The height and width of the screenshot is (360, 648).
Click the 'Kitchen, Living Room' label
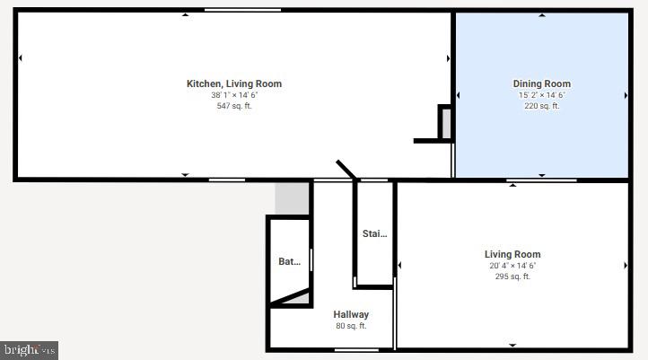pos(233,83)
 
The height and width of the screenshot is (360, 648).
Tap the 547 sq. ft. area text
pos(233,106)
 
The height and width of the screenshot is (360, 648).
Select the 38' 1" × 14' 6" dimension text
pos(233,95)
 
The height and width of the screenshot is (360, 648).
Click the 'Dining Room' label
pos(541,83)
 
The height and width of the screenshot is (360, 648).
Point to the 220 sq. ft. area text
pos(541,106)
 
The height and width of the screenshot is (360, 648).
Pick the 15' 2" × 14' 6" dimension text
pos(541,95)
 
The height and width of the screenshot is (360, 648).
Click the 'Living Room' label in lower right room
pos(512,254)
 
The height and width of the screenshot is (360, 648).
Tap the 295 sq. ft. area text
pos(512,277)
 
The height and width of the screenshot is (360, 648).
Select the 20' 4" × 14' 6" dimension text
pos(512,266)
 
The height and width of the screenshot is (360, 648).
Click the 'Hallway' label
pos(351,314)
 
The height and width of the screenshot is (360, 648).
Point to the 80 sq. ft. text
pos(351,326)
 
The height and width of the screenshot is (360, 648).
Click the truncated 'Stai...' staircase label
pos(374,233)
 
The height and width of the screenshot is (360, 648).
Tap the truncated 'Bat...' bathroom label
pos(289,262)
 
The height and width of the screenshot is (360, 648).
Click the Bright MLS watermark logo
pos(29,349)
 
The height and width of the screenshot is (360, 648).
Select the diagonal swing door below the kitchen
pos(346,170)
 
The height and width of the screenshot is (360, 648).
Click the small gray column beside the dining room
pos(444,123)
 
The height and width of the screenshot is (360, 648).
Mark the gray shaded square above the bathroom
pos(292,198)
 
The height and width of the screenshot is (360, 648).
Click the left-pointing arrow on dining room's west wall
pos(459,95)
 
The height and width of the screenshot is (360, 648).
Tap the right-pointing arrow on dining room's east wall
pos(626,95)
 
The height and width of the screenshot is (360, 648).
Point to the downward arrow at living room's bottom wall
pos(512,345)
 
